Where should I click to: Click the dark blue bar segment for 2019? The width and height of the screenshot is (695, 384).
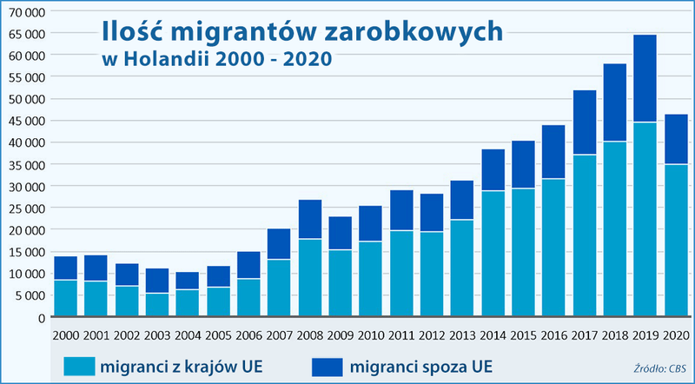pos(645,78)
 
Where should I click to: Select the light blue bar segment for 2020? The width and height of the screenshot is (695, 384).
pos(675,240)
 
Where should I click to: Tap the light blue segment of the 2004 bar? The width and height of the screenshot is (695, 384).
pos(188,302)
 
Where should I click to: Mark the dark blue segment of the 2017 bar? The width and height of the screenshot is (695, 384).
pos(584,122)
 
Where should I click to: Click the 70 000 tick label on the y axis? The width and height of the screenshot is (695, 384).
pos(23,10)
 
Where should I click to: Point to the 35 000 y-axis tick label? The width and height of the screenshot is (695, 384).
pos(23,164)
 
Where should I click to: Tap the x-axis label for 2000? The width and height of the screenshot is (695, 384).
pos(66,334)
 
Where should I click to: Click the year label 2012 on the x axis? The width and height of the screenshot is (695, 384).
pos(432,334)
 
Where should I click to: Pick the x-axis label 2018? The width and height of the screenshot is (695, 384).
pos(614,334)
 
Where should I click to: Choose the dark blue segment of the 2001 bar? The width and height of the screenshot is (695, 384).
pos(96,268)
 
